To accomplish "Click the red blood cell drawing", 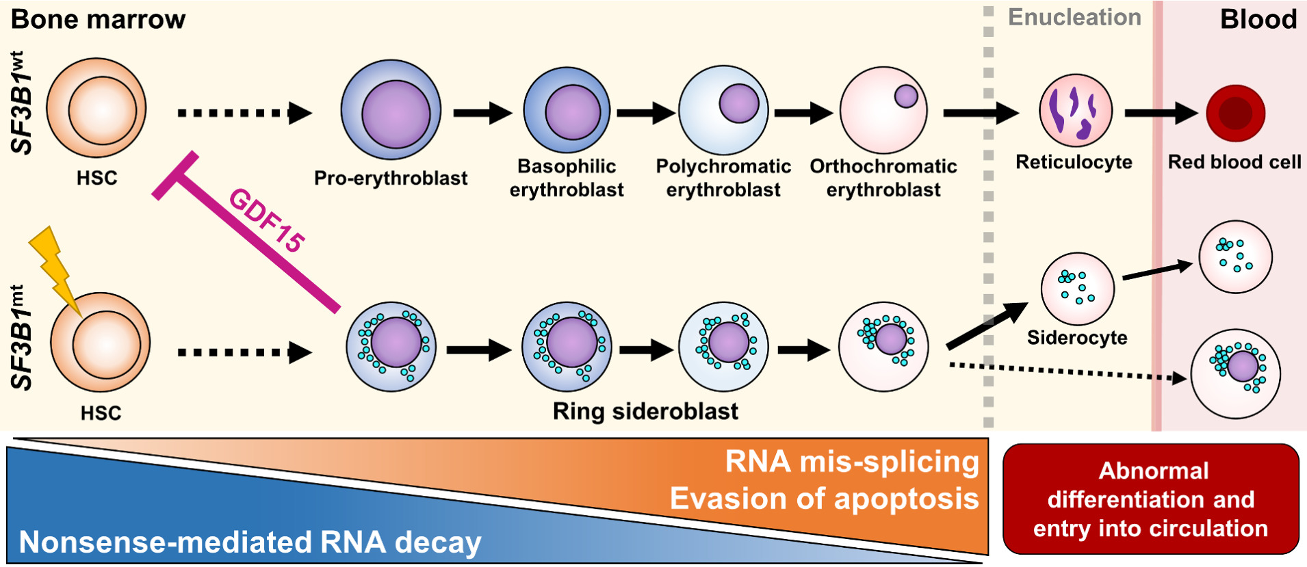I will click(1235, 114).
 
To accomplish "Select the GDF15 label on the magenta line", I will click(267, 220).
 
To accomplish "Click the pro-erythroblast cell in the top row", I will click(391, 111).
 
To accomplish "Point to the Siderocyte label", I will click(1077, 338).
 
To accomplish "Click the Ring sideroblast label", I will click(645, 411).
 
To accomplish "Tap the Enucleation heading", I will click(1074, 18).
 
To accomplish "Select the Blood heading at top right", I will click(1258, 19).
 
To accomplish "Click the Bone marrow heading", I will click(99, 19).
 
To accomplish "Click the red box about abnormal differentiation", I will click(1151, 499).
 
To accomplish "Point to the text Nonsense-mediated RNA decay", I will click(250, 542).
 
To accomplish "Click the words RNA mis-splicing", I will click(851, 462).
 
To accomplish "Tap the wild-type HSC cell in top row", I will click(96, 108).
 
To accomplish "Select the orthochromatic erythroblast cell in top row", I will click(883, 110).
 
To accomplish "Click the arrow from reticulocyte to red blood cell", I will click(1160, 113).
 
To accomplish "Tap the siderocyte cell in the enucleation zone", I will click(1077, 289).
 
